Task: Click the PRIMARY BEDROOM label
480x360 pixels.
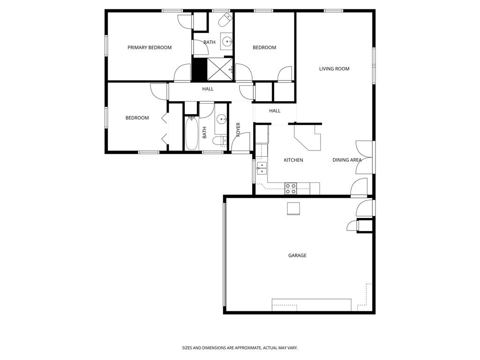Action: (150, 47)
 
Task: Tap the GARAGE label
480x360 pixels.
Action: (297, 255)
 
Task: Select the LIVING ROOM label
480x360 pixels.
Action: (334, 69)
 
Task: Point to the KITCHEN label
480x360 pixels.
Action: (293, 160)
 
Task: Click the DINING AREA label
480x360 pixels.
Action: (347, 160)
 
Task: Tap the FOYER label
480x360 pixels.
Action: (238, 129)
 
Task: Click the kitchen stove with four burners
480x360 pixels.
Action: (291, 188)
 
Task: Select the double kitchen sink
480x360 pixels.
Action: (262, 168)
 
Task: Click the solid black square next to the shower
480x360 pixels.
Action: (200, 69)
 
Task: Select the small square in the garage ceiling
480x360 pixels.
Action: (293, 208)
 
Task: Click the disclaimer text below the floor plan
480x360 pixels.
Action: (240, 348)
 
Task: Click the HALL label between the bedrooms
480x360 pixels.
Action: (208, 89)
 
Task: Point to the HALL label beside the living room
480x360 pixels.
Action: (275, 111)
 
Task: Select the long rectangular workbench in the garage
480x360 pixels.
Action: (311, 305)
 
